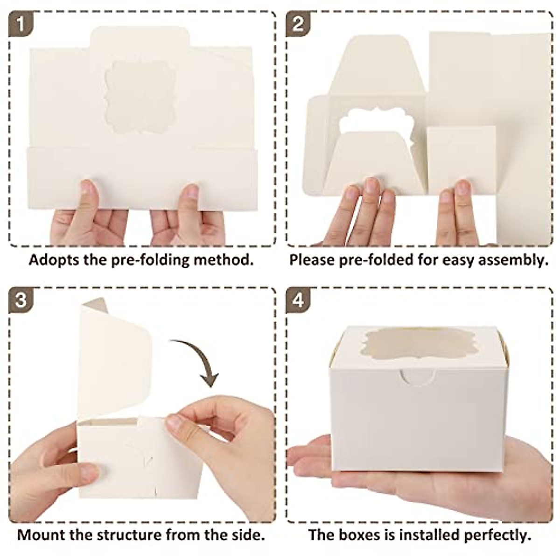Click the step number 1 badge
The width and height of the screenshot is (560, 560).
20,23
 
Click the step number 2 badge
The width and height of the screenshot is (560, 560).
298,23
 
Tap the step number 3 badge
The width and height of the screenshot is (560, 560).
20,300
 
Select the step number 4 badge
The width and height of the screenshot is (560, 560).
298,300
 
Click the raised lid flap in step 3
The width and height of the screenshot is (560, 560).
114,359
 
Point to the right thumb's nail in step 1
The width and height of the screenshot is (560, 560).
190,192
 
